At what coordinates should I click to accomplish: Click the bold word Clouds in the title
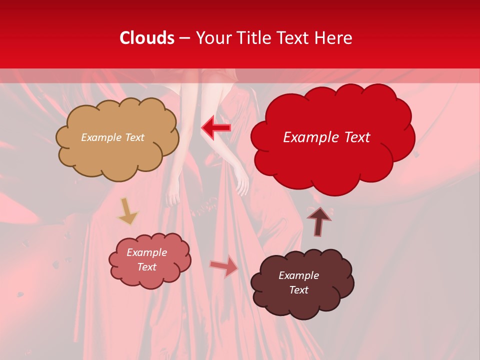(x=147, y=38)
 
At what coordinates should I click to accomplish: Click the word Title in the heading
(x=252, y=38)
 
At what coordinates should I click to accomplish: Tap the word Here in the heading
(x=333, y=38)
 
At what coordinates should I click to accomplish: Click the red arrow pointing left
(x=216, y=128)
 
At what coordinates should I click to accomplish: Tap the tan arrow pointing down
(x=127, y=211)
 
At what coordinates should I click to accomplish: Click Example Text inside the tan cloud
(x=112, y=137)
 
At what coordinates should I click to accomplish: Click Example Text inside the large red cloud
(x=326, y=137)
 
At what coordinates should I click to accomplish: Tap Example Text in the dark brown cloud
(x=298, y=282)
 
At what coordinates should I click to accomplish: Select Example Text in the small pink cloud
(x=147, y=259)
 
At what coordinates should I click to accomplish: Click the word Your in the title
(x=212, y=38)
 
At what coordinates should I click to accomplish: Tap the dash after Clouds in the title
(x=184, y=38)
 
